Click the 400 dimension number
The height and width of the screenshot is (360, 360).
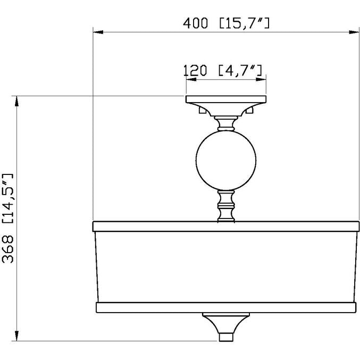click(195, 23)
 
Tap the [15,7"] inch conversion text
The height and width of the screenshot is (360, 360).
click(245, 23)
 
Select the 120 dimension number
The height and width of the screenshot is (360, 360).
click(195, 71)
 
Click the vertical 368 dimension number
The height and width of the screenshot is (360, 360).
click(8, 249)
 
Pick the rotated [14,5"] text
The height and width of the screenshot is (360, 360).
click(8, 198)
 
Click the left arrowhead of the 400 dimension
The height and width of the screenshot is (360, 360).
click(98, 32)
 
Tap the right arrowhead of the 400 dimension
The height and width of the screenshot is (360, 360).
click(354, 32)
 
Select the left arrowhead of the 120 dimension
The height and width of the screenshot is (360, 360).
click(191, 79)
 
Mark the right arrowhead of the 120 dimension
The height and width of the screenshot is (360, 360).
click(261, 79)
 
